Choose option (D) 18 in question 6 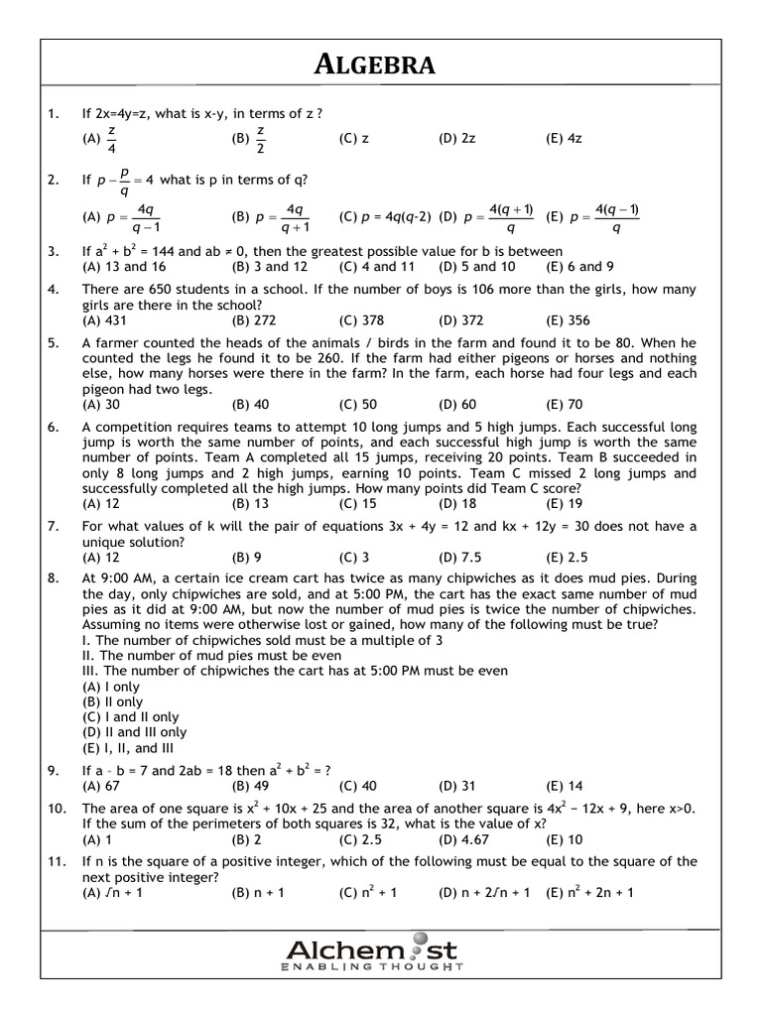457,503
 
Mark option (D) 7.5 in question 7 460,557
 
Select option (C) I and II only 131,716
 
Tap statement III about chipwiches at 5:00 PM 295,671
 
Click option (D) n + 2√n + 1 487,892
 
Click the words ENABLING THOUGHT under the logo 372,965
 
